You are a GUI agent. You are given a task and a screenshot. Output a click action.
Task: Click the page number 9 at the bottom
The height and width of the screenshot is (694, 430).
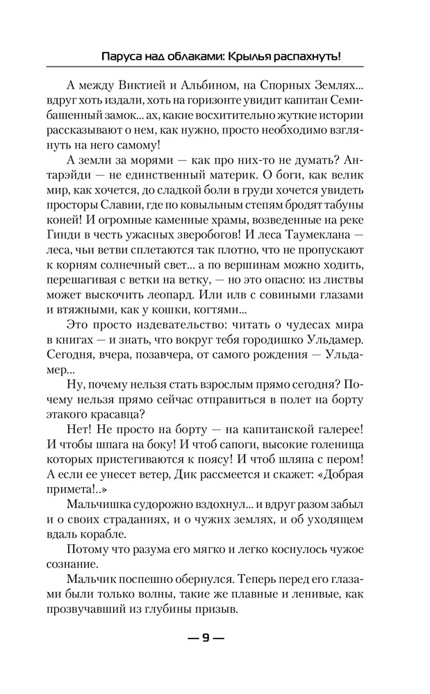(x=205, y=639)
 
